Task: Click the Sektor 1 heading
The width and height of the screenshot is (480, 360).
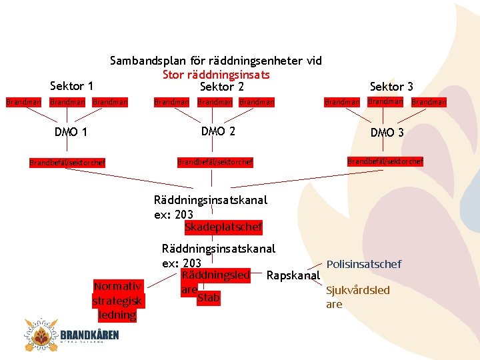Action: [x=71, y=86]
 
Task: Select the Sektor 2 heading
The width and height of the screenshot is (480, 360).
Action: [x=222, y=87]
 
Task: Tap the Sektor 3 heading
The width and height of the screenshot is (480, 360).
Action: [x=391, y=87]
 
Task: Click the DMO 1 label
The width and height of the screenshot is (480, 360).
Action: [x=71, y=132]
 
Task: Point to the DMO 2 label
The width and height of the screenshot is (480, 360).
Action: [x=218, y=131]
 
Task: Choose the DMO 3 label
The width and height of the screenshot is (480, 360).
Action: [x=387, y=133]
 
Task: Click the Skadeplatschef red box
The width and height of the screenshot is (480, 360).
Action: [x=223, y=227]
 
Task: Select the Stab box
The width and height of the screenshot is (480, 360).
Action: [x=208, y=298]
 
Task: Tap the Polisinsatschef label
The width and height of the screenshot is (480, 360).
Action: [x=364, y=265]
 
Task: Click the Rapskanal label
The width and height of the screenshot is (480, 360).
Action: [x=293, y=275]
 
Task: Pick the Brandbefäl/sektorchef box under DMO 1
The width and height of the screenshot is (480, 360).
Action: [x=67, y=162]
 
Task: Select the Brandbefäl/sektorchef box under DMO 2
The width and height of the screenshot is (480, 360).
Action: [x=215, y=162]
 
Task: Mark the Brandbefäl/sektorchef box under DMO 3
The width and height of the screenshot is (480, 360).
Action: [x=385, y=161]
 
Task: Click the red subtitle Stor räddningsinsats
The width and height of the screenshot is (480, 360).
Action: [x=216, y=74]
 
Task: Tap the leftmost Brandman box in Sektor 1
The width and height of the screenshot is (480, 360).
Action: [x=23, y=102]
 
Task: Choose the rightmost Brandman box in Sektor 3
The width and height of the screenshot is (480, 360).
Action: [x=428, y=102]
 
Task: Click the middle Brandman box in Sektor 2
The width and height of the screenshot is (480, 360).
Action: [x=215, y=102]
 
